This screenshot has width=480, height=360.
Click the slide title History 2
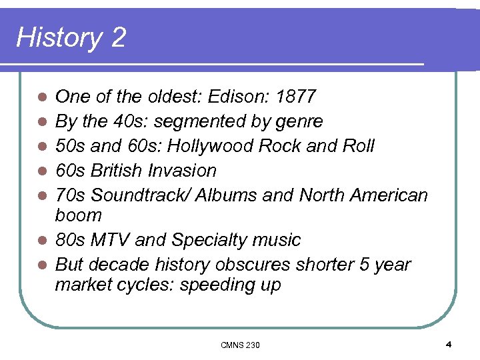coord(71,37)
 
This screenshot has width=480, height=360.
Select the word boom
coord(79,215)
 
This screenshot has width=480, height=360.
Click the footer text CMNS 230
coord(240,345)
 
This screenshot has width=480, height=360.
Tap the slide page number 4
coord(449,345)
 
